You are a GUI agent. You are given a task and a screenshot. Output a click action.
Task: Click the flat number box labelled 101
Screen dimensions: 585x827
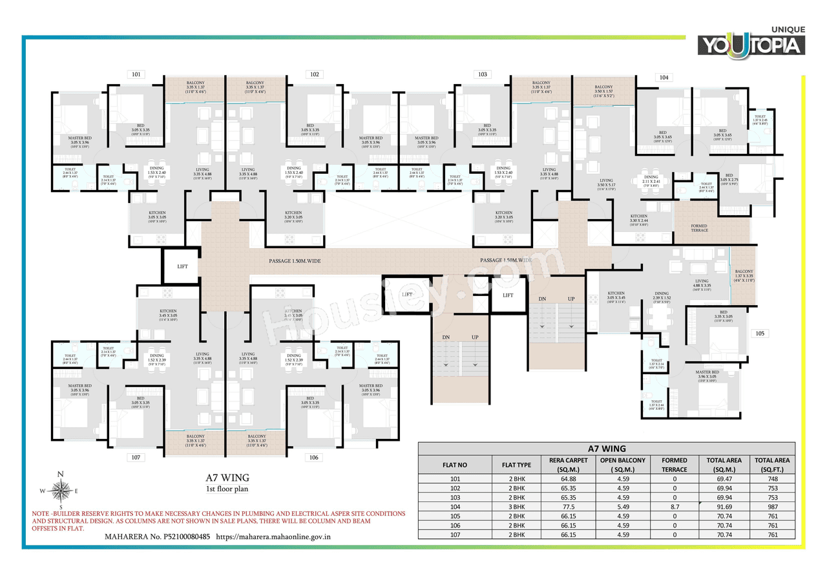point(136,74)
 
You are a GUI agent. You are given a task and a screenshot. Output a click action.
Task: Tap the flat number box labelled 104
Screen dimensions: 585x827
point(664,78)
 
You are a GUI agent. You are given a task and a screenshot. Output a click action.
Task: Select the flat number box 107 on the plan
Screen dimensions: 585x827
point(136,458)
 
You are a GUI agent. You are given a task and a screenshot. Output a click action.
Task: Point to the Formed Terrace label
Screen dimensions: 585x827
point(699,228)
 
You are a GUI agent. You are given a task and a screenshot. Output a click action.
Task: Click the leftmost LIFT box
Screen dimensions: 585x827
point(182,266)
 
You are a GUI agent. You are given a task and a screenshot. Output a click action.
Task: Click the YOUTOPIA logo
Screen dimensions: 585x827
point(750,44)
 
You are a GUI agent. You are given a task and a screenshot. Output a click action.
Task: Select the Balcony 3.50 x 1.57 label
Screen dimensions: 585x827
point(603,90)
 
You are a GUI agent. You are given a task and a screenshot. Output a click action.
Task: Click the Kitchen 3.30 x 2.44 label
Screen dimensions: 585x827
point(638,220)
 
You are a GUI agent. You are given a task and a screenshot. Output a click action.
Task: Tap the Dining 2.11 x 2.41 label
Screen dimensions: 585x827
point(651,180)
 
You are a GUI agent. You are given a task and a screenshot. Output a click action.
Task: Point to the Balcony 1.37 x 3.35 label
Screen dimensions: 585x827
point(744,276)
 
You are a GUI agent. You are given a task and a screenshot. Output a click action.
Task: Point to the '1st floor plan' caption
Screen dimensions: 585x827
point(227,489)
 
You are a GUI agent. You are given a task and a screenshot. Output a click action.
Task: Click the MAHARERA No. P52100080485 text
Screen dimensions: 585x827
point(157,537)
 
